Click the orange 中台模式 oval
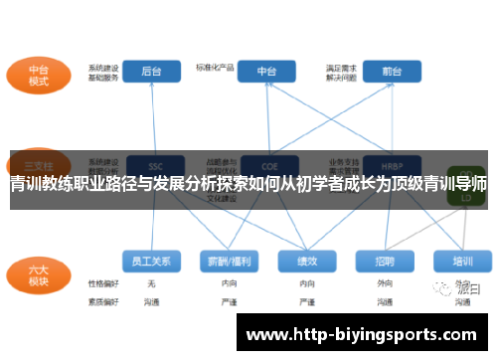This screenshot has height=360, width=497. click(x=39, y=76)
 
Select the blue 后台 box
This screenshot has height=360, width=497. click(x=152, y=72)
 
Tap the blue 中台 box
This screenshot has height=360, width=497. click(x=267, y=72)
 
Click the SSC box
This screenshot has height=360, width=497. click(x=154, y=163)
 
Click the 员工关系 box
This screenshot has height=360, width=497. click(x=151, y=262)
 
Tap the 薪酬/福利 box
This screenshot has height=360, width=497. click(x=229, y=262)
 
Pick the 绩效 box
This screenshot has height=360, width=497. click(x=307, y=262)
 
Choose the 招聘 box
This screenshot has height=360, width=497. click(x=385, y=262)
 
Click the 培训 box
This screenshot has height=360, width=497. click(x=462, y=262)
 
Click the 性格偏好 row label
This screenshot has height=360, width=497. click(x=102, y=283)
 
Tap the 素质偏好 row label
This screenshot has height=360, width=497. click(x=102, y=300)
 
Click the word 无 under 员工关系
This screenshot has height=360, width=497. click(x=151, y=283)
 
